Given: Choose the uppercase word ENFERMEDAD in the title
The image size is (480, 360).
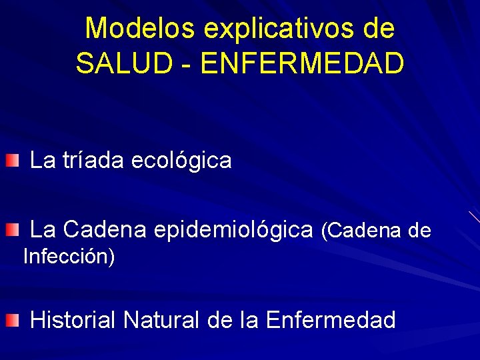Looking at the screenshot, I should pos(302,63).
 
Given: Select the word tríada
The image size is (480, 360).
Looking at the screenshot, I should pos(94,161).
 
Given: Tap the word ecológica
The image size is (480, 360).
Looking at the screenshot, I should pos(182,161).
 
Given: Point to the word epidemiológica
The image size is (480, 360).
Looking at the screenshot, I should pos(233,230).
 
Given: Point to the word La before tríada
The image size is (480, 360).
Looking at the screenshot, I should pos(43,161).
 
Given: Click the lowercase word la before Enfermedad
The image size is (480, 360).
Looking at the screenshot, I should pos(251,320).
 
